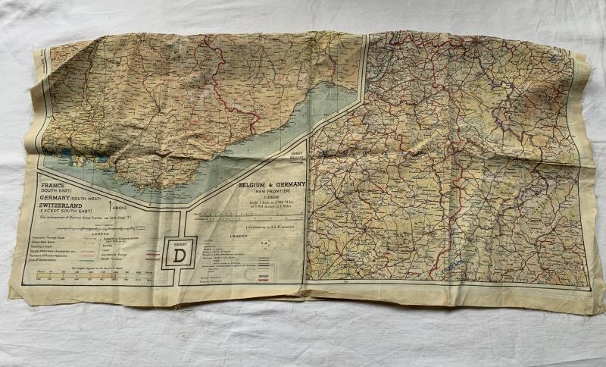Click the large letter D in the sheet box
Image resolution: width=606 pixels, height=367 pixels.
180,256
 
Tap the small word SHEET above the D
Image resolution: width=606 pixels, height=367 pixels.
179,243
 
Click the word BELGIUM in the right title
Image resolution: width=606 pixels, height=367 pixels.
254,184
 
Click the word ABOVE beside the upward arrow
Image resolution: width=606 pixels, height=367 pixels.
119,205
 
